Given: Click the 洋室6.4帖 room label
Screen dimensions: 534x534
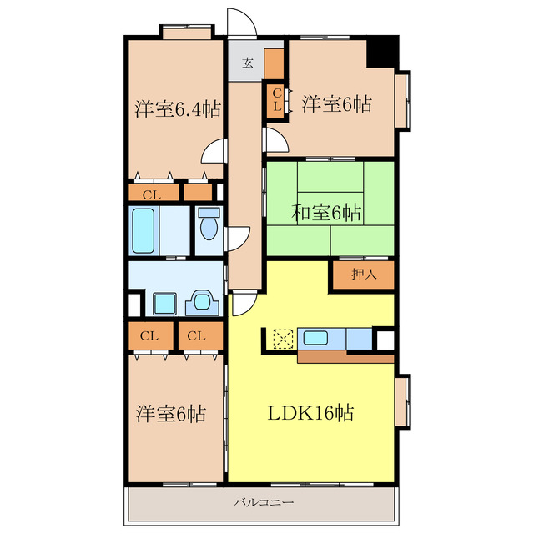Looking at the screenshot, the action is (x=178, y=109).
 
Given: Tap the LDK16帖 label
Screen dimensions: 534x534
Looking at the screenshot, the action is (x=310, y=413).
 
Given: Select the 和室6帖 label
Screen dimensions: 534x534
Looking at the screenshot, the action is (x=326, y=213).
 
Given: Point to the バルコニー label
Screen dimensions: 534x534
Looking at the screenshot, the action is (x=264, y=502).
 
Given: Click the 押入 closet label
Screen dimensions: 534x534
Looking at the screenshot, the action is (x=364, y=274).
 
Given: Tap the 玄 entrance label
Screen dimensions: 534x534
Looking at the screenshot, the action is (x=248, y=63).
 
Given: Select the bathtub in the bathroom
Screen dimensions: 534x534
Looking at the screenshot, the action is (x=144, y=231).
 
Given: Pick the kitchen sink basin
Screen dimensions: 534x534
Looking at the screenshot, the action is (x=315, y=338).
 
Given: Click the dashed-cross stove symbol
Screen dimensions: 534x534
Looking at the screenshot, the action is (x=284, y=339).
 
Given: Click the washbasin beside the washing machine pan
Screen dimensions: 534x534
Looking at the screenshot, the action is (x=202, y=302).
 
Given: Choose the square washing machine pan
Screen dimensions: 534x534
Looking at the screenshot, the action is (x=164, y=304).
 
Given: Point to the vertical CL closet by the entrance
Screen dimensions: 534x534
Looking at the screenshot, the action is (x=276, y=98).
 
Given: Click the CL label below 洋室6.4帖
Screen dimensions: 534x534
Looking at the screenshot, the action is (x=152, y=195).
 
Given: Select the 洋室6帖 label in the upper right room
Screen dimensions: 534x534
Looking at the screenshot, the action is (x=336, y=103).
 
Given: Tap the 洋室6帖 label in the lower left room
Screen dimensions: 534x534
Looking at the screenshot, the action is (x=171, y=414).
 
